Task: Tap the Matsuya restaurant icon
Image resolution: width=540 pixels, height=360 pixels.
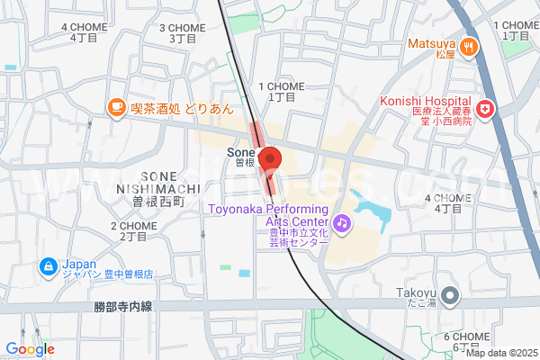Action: click(468, 45)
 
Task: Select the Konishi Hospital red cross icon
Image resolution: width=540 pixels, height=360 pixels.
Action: click(486, 109)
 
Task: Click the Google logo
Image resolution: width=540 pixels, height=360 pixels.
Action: click(30, 349)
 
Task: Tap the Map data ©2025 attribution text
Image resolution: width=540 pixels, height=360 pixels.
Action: click(500, 353)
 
